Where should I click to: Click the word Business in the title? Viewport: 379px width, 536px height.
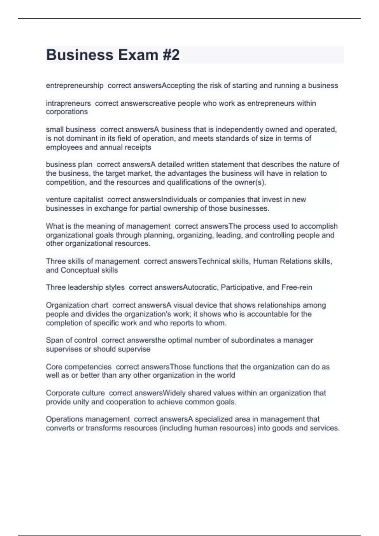80,55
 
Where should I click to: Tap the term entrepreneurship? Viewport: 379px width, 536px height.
75,86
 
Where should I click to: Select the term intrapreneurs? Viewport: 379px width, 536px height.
68,103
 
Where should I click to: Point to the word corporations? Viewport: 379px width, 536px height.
67,112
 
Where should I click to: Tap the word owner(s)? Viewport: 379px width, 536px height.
252,182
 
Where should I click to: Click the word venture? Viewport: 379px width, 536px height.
58,200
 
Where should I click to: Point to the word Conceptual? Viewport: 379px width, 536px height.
80,270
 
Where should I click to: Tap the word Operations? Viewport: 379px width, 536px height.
64,419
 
